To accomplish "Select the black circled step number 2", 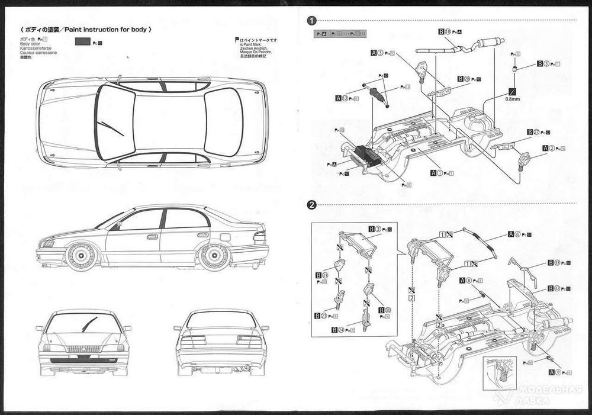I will (x=311, y=205).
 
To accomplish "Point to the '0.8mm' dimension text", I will (x=512, y=100).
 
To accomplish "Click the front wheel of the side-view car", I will (x=79, y=257).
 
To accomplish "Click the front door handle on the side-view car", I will (x=152, y=237).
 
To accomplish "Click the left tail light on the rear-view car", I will (x=194, y=340).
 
